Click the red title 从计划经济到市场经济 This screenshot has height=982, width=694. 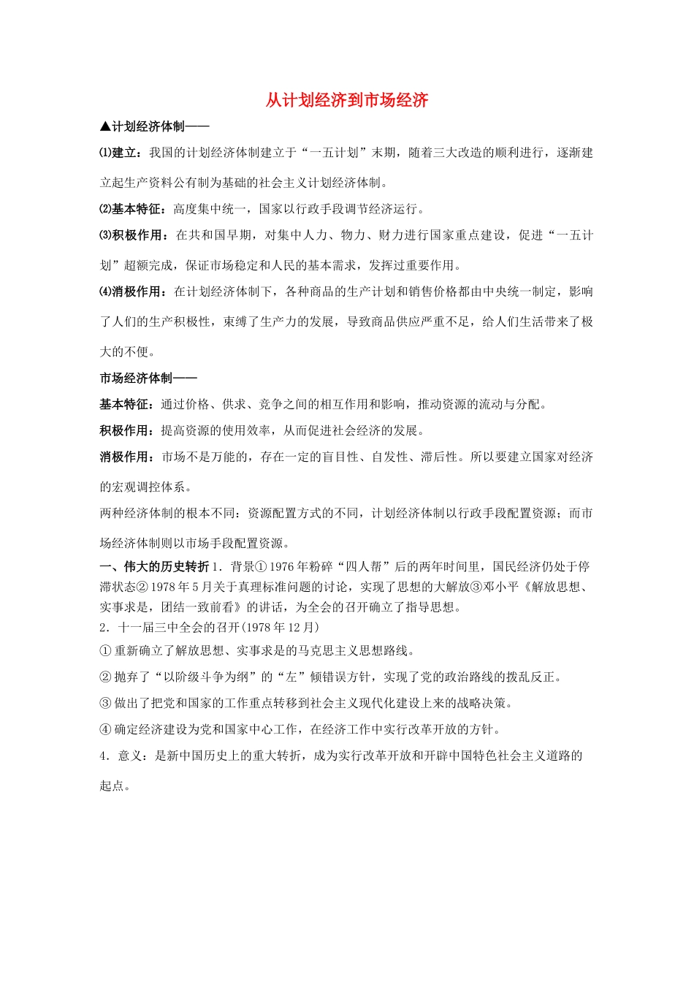point(346,100)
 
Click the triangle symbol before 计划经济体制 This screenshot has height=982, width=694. point(105,126)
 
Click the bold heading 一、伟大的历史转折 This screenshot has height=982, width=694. point(154,566)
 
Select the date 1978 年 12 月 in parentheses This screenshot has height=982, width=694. point(280,627)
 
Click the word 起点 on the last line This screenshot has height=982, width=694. point(112,785)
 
